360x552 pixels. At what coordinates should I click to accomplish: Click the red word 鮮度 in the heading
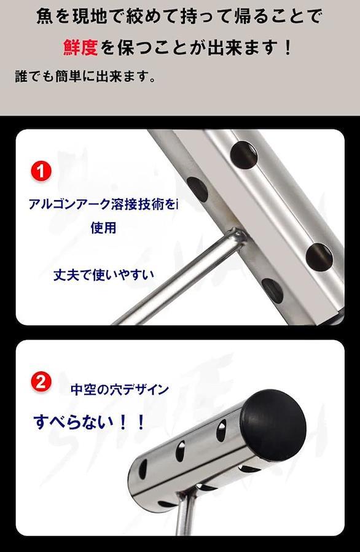pos(80,47)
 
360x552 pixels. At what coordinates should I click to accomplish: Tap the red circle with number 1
pos(41,171)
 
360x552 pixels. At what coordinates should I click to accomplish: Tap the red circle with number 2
pos(41,382)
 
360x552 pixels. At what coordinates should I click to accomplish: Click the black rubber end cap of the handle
pos(274,424)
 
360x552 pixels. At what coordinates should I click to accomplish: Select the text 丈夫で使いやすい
pos(104,275)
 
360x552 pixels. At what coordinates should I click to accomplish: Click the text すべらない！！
pos(89,422)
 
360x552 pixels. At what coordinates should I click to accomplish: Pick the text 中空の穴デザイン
pos(120,390)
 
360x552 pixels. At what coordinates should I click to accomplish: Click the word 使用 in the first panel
pos(103,228)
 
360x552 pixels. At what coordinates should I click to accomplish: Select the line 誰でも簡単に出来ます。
pos(85,76)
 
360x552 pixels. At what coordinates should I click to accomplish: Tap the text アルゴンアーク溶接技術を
pos(102,204)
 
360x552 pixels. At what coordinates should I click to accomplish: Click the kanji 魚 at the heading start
pos(45,17)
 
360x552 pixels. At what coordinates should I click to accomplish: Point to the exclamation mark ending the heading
pos(288,47)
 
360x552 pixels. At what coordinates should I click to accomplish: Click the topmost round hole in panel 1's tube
pos(243,154)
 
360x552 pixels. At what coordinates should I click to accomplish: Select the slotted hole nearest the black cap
pos(221,430)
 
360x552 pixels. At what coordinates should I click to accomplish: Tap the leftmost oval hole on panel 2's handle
pos(143,469)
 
